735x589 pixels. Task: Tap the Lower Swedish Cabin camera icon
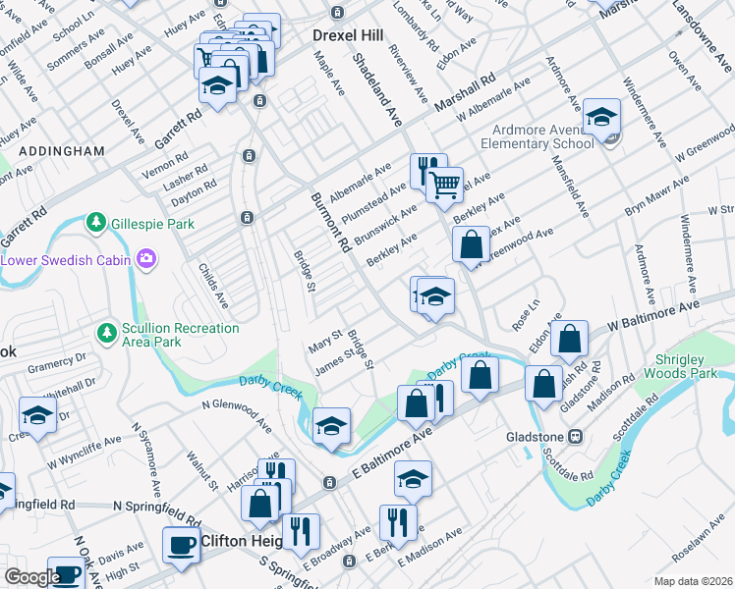pyautogui.click(x=146, y=260)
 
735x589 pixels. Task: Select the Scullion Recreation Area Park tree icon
pyautogui.click(x=106, y=335)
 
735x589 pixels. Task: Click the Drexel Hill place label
pyautogui.click(x=351, y=34)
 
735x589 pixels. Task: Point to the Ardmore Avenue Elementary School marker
pyautogui.click(x=601, y=118)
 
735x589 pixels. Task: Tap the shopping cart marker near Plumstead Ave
pyautogui.click(x=445, y=183)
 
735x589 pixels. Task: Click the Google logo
pyautogui.click(x=32, y=577)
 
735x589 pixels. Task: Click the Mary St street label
pyautogui.click(x=324, y=343)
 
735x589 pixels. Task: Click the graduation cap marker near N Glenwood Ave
pyautogui.click(x=332, y=426)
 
